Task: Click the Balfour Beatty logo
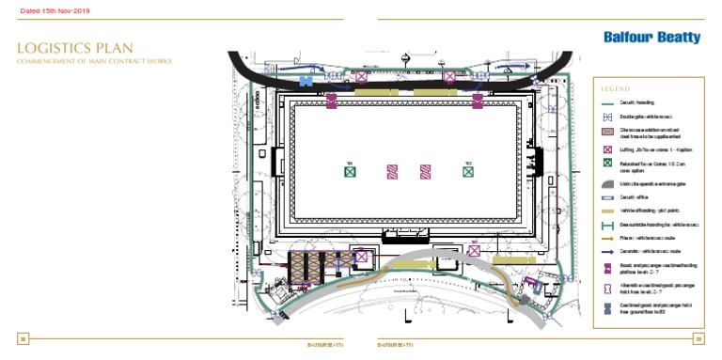(653, 38)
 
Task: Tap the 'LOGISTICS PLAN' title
(75, 48)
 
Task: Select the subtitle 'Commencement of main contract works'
(94, 61)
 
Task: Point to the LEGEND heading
(616, 88)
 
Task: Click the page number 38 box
(24, 338)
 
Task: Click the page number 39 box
(698, 338)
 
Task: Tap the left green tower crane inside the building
(350, 171)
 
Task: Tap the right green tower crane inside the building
(467, 171)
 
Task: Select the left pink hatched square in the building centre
(392, 171)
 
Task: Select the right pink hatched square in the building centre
(425, 171)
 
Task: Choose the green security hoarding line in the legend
(607, 103)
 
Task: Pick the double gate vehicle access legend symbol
(607, 117)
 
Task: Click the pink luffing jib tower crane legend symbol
(607, 149)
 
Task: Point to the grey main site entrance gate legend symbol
(607, 184)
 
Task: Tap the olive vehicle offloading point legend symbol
(607, 211)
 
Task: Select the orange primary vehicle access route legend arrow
(607, 239)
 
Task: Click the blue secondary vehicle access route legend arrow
(607, 252)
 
